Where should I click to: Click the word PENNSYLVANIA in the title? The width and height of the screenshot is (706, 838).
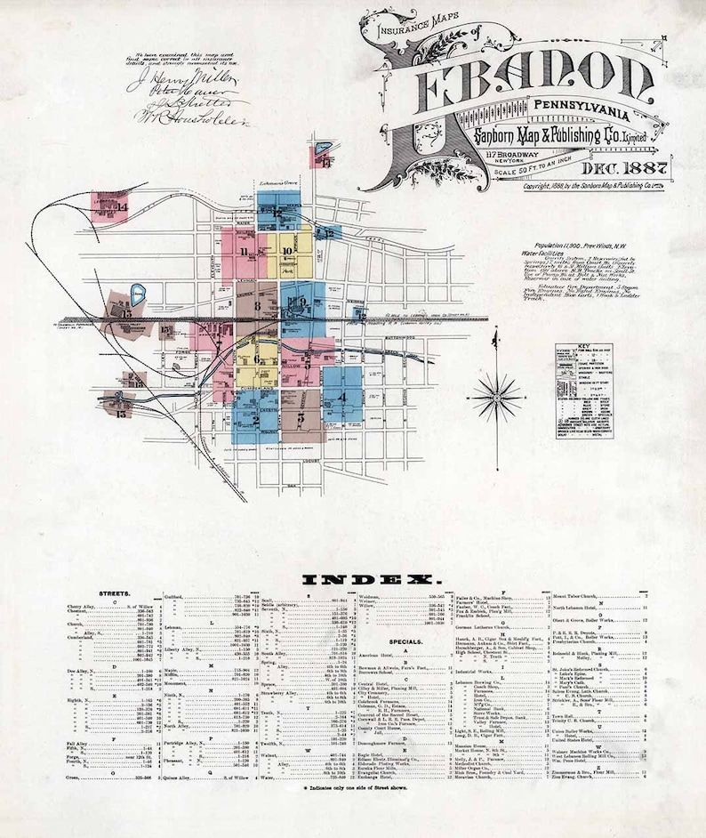(582, 117)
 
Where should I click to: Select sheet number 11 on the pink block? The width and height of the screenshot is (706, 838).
(244, 252)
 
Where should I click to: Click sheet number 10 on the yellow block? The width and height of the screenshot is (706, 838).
(286, 251)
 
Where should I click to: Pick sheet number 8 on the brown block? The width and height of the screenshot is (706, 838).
(258, 307)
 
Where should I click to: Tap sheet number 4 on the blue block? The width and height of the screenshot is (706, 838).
(341, 398)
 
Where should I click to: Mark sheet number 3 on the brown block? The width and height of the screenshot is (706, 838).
(302, 416)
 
